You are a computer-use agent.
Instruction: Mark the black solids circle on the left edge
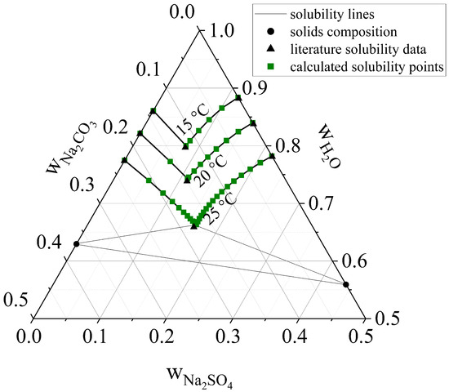[x=76, y=244]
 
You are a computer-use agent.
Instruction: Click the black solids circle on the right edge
[x=345, y=285]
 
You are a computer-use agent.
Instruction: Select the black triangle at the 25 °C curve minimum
[x=193, y=226]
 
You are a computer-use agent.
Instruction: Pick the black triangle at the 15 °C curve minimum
[x=185, y=147]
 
